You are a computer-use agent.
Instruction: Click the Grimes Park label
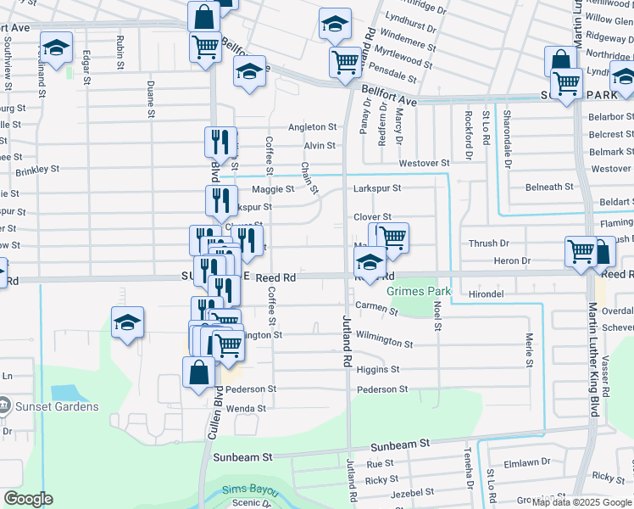point(417,291)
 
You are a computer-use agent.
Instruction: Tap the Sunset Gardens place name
point(56,406)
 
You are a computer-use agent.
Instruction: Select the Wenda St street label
point(246,408)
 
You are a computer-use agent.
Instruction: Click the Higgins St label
point(378,370)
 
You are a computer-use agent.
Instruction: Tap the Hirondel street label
point(486,294)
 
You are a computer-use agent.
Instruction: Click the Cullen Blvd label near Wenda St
point(209,413)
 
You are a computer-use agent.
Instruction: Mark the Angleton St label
point(313,127)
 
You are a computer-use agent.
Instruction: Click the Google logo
point(28,499)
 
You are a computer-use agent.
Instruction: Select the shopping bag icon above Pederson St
point(198,372)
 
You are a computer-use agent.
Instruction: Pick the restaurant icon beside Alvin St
point(220,140)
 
